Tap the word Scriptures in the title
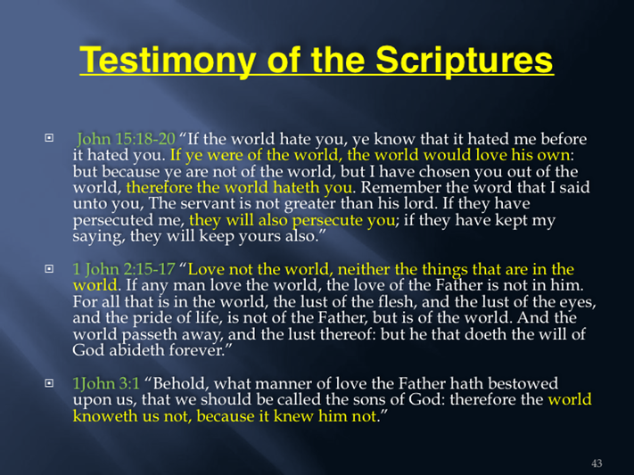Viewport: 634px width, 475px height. pyautogui.click(x=465, y=60)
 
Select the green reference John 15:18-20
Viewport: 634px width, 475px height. pyautogui.click(x=126, y=139)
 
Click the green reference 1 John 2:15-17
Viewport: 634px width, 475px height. pyautogui.click(x=124, y=269)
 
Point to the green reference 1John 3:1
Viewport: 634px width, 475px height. pyautogui.click(x=106, y=383)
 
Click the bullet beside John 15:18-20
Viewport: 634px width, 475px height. pyautogui.click(x=49, y=138)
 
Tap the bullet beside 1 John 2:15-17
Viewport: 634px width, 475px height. pyautogui.click(x=49, y=268)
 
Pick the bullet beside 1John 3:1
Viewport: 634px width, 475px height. pyautogui.click(x=49, y=382)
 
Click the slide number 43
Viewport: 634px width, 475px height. pyautogui.click(x=597, y=463)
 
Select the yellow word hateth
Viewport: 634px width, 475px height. pyautogui.click(x=295, y=187)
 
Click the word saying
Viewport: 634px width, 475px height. pyautogui.click(x=99, y=237)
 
